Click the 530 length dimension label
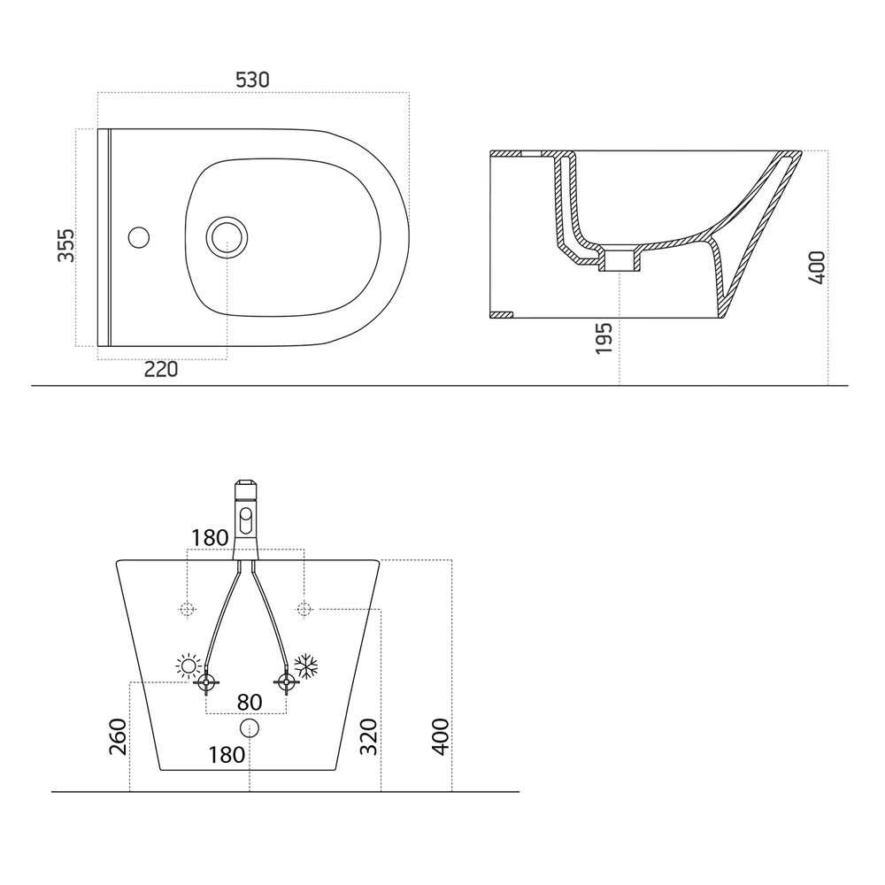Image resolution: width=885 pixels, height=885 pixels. [x=252, y=81]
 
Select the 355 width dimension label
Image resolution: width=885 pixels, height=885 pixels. [x=66, y=245]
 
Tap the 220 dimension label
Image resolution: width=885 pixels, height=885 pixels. [x=161, y=369]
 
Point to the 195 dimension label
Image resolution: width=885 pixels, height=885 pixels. [x=604, y=338]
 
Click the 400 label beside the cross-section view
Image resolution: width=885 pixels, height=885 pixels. [x=817, y=268]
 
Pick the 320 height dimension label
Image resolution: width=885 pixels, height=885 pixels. [x=368, y=736]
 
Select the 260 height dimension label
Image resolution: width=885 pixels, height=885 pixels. [x=118, y=736]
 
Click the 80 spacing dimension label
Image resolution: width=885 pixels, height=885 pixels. [x=250, y=702]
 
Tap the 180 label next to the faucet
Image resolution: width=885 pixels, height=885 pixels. [x=210, y=538]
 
